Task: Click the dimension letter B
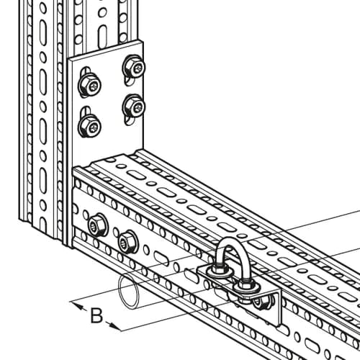coord(96,315)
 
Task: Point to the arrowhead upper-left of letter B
coord(78,305)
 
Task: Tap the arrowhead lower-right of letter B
coord(114,326)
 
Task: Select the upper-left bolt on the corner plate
coord(89,86)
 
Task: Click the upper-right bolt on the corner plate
coord(134,68)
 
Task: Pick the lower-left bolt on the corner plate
coord(89,126)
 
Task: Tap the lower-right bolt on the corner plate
coord(134,107)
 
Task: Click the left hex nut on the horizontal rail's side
coord(96,225)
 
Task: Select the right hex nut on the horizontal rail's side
coord(127,243)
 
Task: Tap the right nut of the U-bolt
coord(246,286)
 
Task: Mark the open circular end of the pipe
coord(130,292)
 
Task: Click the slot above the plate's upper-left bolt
coord(86,71)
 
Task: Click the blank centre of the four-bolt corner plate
coord(107,101)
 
